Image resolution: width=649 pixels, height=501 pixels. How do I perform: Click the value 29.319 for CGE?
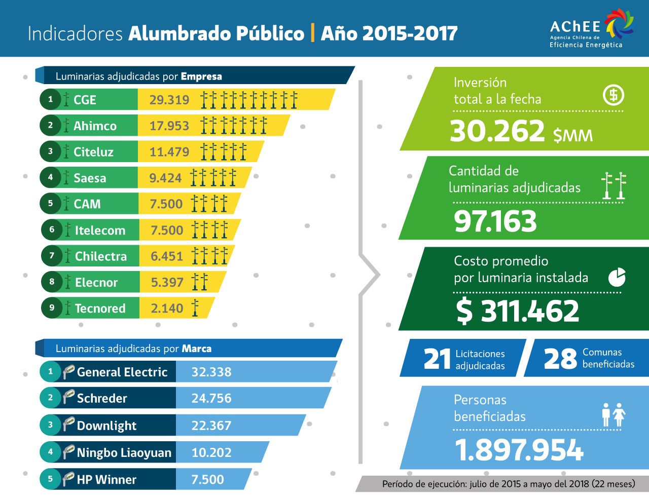(x=169, y=100)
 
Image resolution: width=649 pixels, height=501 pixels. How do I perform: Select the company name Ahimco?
(x=95, y=126)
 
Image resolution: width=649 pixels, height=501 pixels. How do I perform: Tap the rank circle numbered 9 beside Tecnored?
(x=52, y=307)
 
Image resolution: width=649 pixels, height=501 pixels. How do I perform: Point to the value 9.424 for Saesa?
(x=165, y=178)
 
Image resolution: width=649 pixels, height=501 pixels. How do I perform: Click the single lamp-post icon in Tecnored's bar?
(x=195, y=307)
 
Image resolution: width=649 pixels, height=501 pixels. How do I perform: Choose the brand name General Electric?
(x=122, y=372)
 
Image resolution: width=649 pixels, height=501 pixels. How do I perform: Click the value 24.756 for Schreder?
(x=211, y=398)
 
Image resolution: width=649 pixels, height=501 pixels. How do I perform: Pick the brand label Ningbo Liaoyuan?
(x=124, y=452)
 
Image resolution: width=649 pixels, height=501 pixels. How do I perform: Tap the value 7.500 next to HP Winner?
(x=207, y=479)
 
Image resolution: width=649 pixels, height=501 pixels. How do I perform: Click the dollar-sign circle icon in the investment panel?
(x=614, y=95)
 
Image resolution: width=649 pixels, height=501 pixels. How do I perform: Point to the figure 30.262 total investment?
(x=497, y=131)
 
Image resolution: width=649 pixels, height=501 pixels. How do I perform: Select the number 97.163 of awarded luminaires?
(x=495, y=221)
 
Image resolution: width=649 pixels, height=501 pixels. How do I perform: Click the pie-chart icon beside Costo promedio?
(x=617, y=277)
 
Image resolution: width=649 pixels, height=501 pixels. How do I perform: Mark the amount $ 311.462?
(x=517, y=311)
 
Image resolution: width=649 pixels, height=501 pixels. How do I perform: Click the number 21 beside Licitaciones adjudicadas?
(x=437, y=359)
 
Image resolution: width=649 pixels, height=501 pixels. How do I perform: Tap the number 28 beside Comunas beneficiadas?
(x=560, y=359)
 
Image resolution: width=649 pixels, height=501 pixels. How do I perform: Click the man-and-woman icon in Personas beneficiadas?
(x=614, y=415)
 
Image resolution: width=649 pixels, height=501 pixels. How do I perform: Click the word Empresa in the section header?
(x=201, y=76)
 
